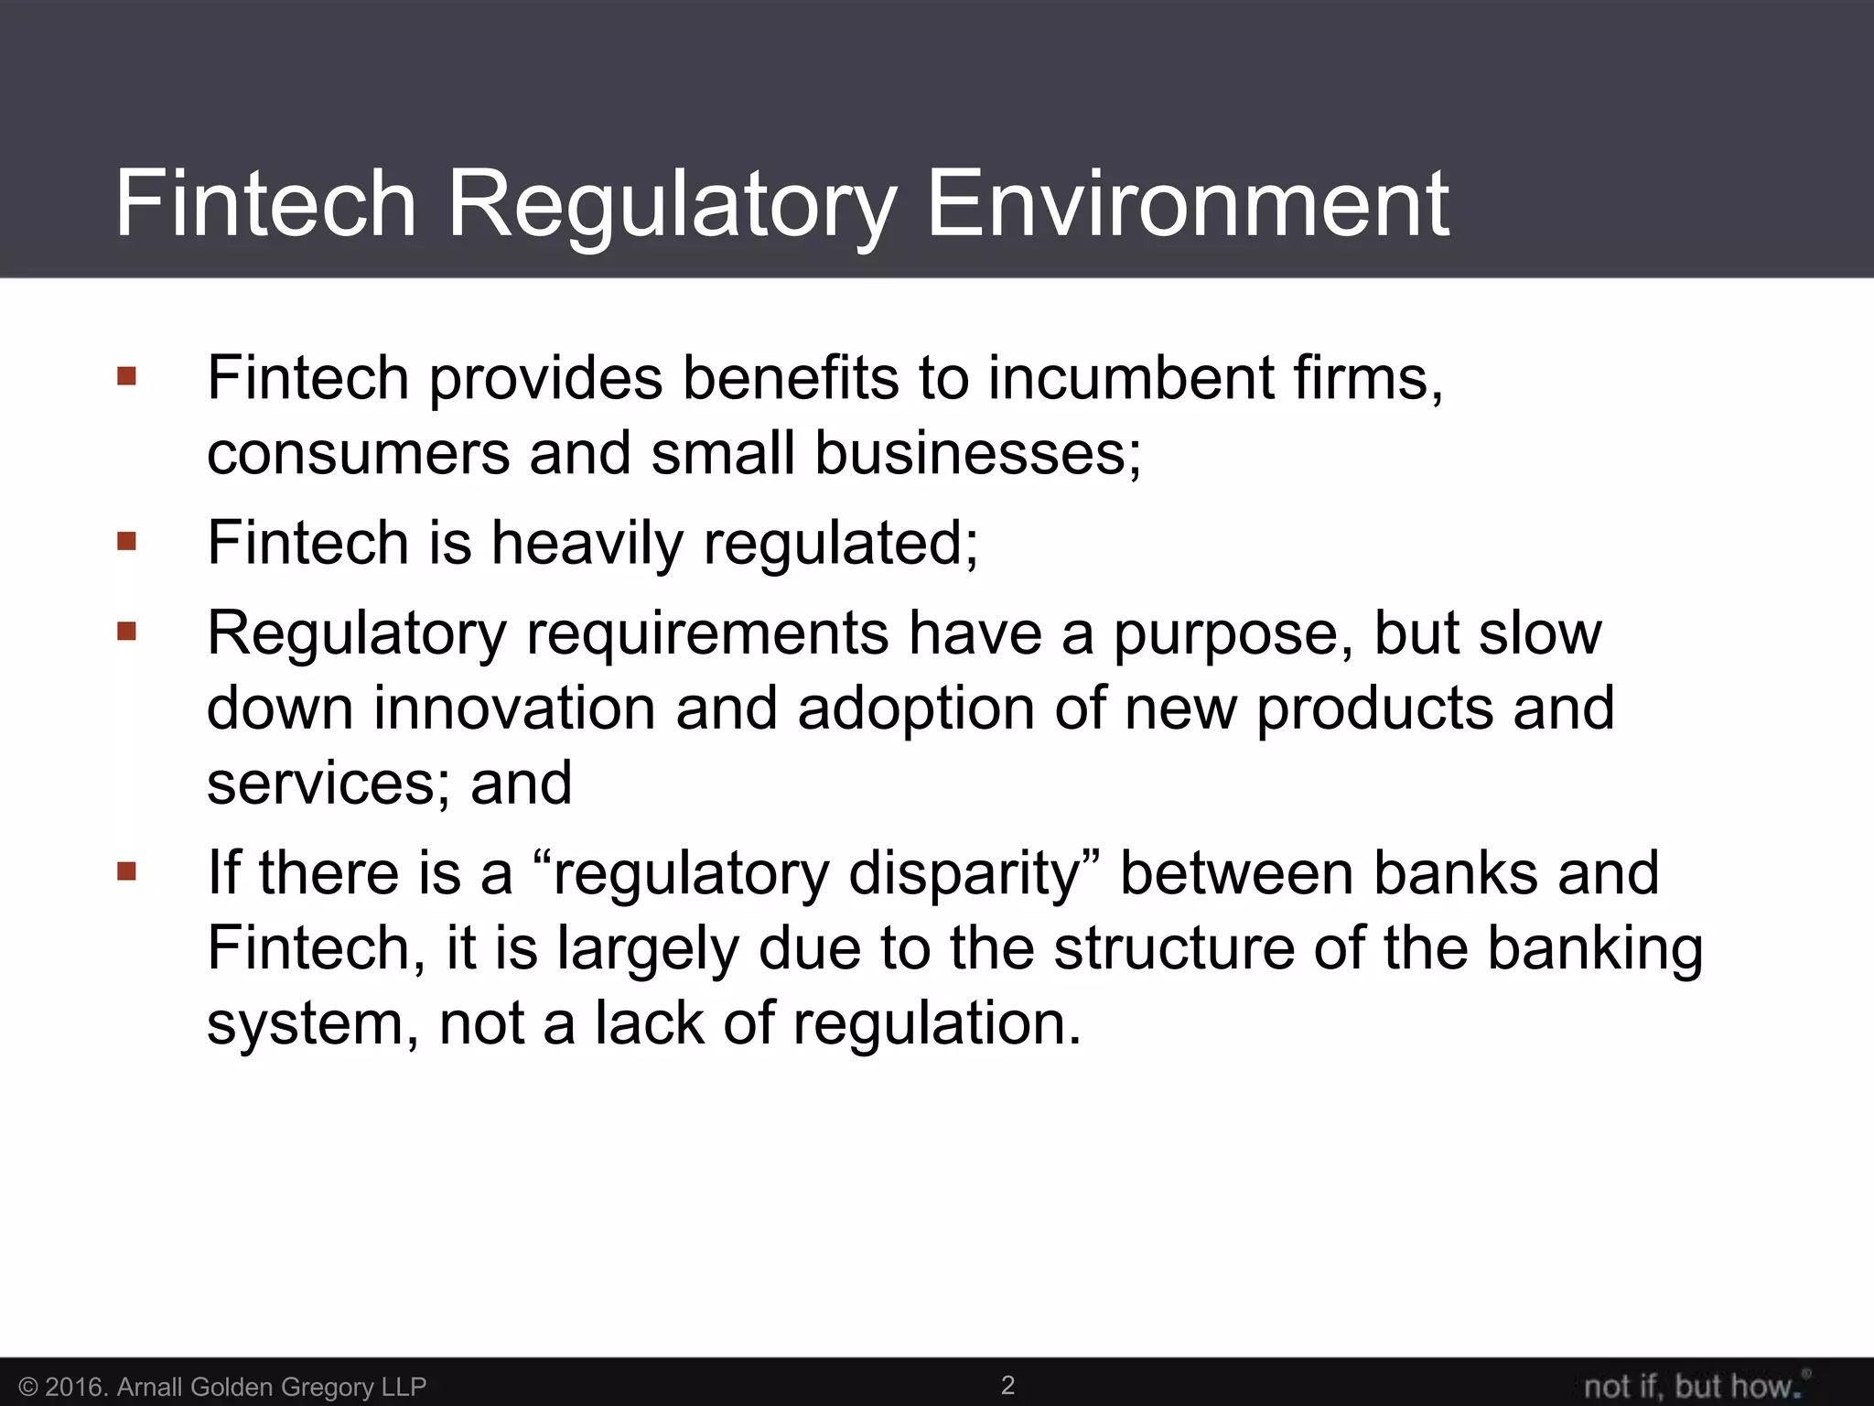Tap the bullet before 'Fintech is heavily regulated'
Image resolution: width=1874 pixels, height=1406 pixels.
click(x=126, y=542)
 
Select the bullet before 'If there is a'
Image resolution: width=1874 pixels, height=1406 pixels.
click(x=126, y=871)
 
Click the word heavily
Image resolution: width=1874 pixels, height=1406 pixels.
click(x=587, y=543)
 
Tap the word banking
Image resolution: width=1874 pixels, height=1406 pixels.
click(x=1594, y=949)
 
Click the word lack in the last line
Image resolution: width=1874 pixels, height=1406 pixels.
click(x=649, y=1022)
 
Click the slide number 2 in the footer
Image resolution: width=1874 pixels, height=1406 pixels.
click(x=1007, y=1385)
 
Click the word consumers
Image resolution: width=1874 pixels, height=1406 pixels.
click(x=358, y=453)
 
